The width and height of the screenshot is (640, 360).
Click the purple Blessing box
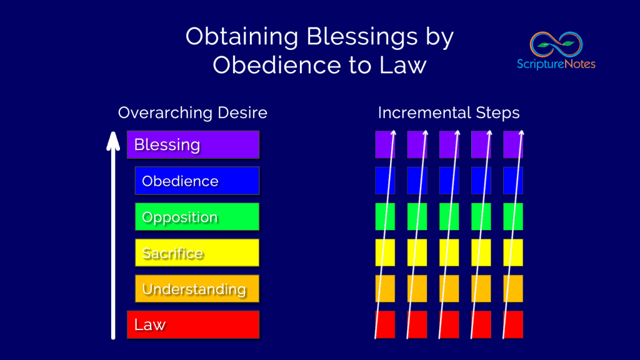point(192,144)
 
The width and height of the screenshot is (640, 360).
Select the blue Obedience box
point(197,181)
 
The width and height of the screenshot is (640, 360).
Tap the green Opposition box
point(197,217)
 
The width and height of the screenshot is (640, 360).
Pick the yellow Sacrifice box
point(197,252)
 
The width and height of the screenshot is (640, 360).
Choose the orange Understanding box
point(197,289)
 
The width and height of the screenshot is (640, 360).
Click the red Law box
point(192,324)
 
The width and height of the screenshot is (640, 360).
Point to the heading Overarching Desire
point(192,113)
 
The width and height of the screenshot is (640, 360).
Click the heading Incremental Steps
point(449,113)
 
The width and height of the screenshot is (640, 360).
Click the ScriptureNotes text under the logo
point(556,64)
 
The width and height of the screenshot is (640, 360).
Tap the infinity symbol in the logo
point(556,44)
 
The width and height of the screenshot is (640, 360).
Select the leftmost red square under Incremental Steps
point(385,324)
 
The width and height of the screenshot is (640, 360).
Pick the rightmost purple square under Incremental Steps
point(513,144)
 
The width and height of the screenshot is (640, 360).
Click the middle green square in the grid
point(449,217)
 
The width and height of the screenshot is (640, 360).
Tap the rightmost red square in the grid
point(513,324)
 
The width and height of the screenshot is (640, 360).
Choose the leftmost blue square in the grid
point(385,181)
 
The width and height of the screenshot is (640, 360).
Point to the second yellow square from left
point(417,252)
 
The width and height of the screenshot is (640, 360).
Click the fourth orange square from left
point(481,289)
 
